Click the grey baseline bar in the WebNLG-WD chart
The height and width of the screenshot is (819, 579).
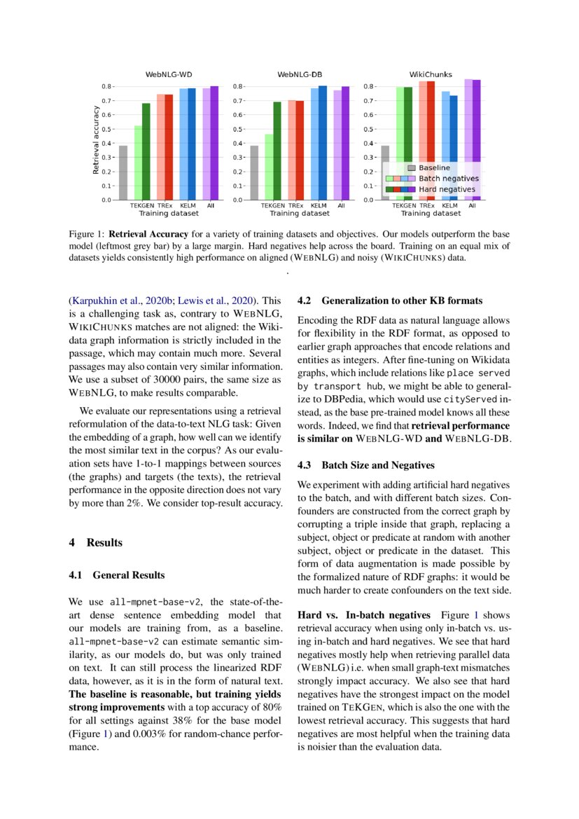pos(123,172)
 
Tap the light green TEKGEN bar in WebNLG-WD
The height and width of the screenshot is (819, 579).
pos(138,163)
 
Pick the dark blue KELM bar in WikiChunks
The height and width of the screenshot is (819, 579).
pos(454,147)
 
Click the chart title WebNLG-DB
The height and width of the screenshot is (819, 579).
pos(300,74)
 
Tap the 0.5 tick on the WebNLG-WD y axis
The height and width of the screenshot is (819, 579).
pos(106,129)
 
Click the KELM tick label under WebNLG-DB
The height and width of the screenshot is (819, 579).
pos(319,206)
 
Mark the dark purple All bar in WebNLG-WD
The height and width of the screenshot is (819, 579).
pos(214,143)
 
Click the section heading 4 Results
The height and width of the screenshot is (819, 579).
pos(95,543)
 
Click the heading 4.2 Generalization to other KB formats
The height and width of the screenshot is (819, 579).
pos(390,301)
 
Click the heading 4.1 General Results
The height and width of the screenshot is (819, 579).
pos(116,575)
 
